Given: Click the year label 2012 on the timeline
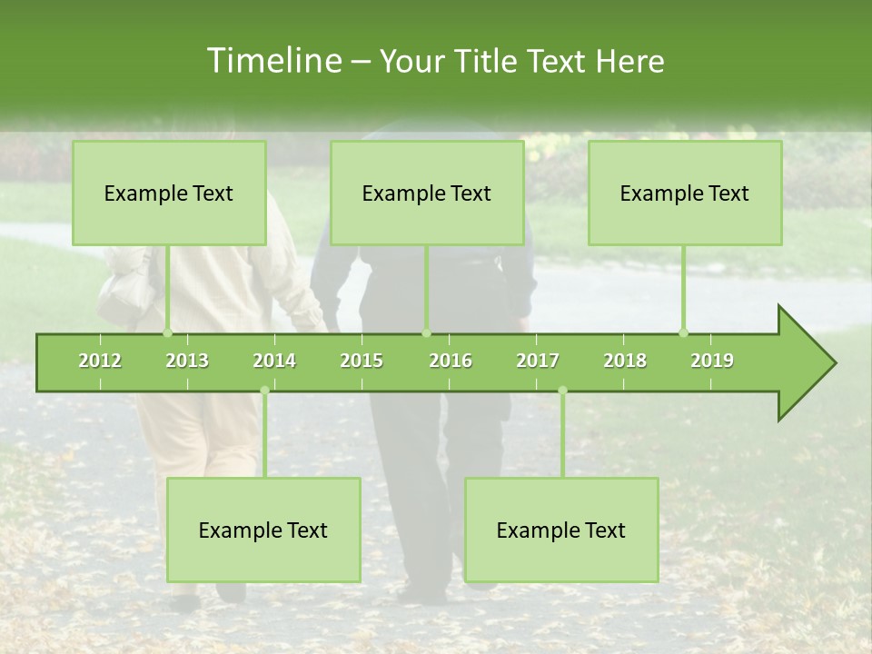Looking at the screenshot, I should [x=100, y=361].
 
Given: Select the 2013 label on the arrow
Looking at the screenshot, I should [x=187, y=361].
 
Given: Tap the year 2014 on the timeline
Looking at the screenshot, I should [x=274, y=361].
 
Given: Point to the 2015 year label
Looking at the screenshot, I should [x=362, y=361].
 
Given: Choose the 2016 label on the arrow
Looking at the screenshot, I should [x=451, y=361].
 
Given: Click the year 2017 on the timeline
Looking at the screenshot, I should [x=538, y=361].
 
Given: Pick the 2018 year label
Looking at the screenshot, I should [x=625, y=361].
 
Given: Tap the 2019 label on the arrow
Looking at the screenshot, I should [x=712, y=361].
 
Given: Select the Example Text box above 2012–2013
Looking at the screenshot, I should [x=169, y=193].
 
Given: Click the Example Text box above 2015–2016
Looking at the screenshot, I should [x=427, y=193].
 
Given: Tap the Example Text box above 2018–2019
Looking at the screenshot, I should [x=685, y=193].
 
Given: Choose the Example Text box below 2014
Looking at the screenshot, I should [x=263, y=530].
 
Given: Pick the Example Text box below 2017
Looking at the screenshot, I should [x=561, y=530].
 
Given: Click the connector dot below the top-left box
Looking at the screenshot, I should [x=167, y=332].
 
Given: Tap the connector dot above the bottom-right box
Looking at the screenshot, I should [x=562, y=391].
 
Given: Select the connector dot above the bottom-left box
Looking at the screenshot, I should [x=264, y=391].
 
